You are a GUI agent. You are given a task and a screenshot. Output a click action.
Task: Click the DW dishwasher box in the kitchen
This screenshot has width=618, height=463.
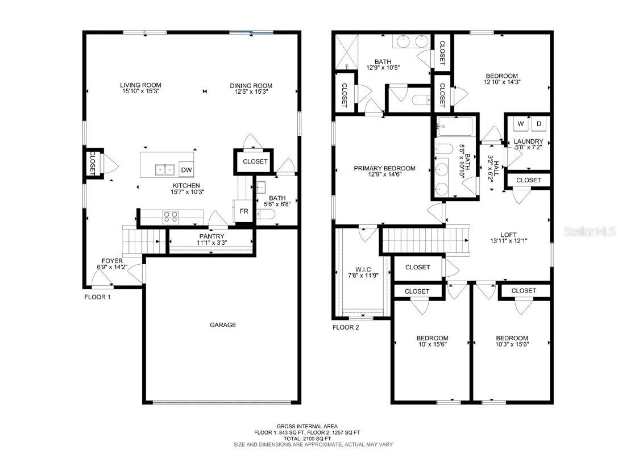tap(186, 169)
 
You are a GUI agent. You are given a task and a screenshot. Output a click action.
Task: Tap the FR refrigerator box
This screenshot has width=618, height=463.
tap(243, 210)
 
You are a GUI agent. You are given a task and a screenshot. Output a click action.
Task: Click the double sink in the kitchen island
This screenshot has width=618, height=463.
tap(165, 169)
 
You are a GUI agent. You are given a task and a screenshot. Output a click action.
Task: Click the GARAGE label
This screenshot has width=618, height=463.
tap(223, 325)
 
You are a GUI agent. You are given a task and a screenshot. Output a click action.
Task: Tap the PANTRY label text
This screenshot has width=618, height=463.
tap(211, 236)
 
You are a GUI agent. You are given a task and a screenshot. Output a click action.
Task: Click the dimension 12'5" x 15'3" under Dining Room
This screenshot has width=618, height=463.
tap(249, 91)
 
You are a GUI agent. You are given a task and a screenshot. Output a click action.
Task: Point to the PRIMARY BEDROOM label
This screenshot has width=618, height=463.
tap(384, 168)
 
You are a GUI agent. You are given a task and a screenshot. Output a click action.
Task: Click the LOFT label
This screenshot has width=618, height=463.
tap(508, 234)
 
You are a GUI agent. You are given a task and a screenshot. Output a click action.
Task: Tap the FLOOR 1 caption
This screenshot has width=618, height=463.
tap(97, 297)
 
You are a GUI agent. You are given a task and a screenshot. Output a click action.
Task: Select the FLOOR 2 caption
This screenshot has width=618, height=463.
tap(346, 327)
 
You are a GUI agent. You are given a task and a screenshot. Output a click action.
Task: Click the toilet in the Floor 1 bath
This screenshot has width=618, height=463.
tap(265, 214)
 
